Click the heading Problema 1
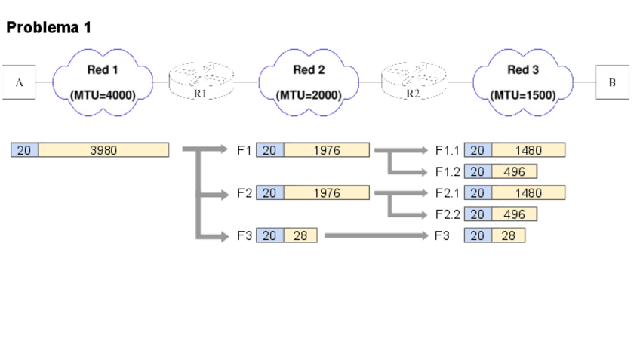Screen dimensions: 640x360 pyautogui.click(x=48, y=28)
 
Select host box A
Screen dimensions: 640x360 pyautogui.click(x=19, y=82)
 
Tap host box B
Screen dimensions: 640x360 pyautogui.click(x=612, y=82)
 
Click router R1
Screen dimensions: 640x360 pyautogui.click(x=202, y=81)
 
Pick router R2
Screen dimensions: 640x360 pyautogui.click(x=414, y=81)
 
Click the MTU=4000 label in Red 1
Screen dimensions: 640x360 pyautogui.click(x=103, y=96)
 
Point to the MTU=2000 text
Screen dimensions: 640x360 pyautogui.click(x=309, y=96)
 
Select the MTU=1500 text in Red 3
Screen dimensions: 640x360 pyautogui.click(x=523, y=96)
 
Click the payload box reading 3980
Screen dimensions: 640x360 pyautogui.click(x=103, y=149)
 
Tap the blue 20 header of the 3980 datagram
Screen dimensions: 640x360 pyautogui.click(x=24, y=149)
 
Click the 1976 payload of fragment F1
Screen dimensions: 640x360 pyautogui.click(x=327, y=149)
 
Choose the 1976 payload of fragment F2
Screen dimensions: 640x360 pyautogui.click(x=327, y=192)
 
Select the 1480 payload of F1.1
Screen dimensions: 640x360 pyautogui.click(x=528, y=149)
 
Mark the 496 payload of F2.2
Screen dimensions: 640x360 pyautogui.click(x=514, y=214)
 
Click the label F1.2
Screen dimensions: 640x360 pyautogui.click(x=448, y=172)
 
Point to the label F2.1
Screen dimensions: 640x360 pyautogui.click(x=448, y=193)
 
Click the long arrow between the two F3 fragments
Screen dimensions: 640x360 pyautogui.click(x=377, y=235)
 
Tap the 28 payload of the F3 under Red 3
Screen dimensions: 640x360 pyautogui.click(x=509, y=235)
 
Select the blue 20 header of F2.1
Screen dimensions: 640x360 pyautogui.click(x=478, y=192)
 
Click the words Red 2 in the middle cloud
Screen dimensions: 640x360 pyautogui.click(x=309, y=69)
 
